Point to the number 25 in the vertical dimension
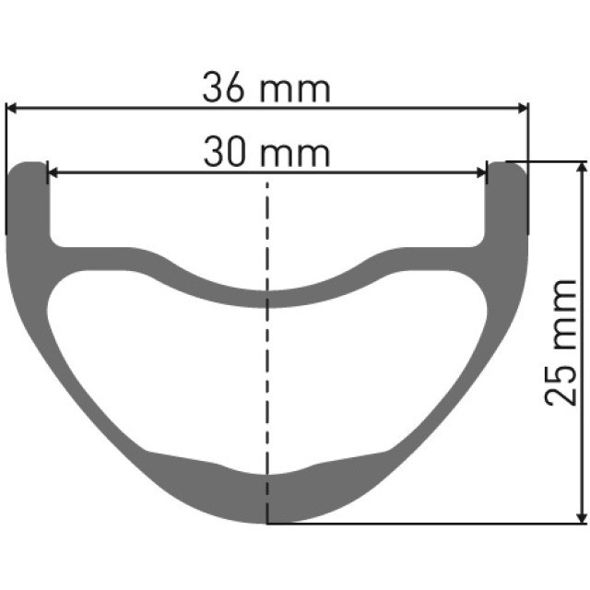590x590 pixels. pyautogui.click(x=561, y=379)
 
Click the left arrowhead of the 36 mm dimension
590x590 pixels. pyautogui.click(x=13, y=108)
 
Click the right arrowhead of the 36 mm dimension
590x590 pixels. pyautogui.click(x=522, y=108)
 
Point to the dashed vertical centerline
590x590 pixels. pyautogui.click(x=268, y=387)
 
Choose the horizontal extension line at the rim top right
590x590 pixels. pyautogui.click(x=544, y=161)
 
